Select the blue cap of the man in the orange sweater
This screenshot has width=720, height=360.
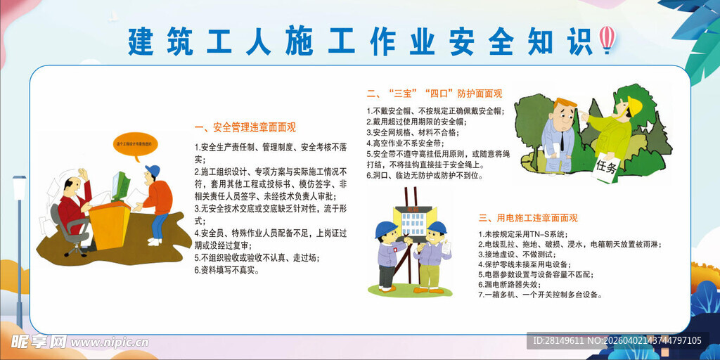[153, 171]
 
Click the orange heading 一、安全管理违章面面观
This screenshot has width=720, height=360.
[245, 127]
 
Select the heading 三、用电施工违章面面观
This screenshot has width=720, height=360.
[527, 218]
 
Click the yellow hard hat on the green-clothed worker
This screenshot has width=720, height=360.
[634, 105]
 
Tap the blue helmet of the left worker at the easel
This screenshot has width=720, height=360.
[385, 230]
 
